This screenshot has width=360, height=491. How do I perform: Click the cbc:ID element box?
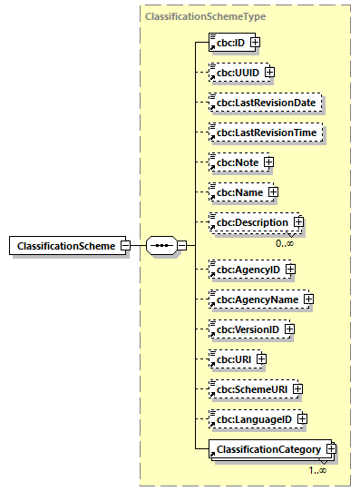229,42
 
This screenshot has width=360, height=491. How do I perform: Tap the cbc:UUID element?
235,72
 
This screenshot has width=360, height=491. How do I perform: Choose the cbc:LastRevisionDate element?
266,103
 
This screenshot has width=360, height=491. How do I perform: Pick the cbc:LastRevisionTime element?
266,133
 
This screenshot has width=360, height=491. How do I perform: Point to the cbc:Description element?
249,222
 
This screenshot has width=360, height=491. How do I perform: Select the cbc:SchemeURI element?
248,388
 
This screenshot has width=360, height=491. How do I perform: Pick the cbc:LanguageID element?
252,418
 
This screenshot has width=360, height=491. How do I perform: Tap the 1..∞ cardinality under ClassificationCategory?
316,470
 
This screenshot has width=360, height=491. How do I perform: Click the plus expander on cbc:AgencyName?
308,299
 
